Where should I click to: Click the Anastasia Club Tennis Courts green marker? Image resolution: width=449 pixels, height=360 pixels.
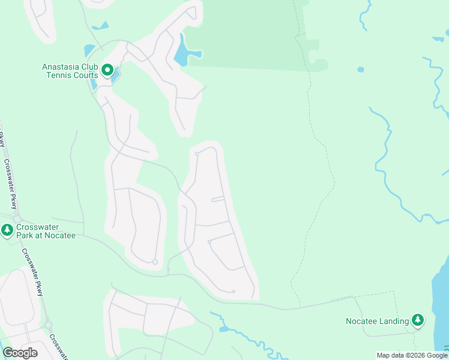click(x=107, y=71)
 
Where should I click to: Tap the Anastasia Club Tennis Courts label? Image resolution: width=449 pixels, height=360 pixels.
click(x=70, y=71)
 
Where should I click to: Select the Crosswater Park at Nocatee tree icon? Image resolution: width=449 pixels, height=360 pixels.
click(x=7, y=230)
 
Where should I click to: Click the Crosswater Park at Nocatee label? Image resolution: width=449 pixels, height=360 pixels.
click(x=46, y=231)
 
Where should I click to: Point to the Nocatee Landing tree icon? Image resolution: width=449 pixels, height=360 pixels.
click(x=418, y=321)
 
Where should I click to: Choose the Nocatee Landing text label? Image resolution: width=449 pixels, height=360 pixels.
click(x=377, y=321)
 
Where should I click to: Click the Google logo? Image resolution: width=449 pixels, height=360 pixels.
click(x=20, y=353)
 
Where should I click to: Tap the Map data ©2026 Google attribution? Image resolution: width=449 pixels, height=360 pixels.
click(x=412, y=355)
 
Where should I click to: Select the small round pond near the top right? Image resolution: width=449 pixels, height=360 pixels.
click(x=360, y=70)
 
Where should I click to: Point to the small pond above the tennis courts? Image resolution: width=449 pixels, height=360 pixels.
click(x=89, y=50)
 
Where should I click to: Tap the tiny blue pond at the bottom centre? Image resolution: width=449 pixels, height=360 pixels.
click(x=224, y=329)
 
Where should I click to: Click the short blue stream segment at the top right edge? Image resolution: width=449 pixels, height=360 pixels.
click(x=438, y=40)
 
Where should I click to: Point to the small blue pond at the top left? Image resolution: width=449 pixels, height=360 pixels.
click(x=101, y=26)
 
